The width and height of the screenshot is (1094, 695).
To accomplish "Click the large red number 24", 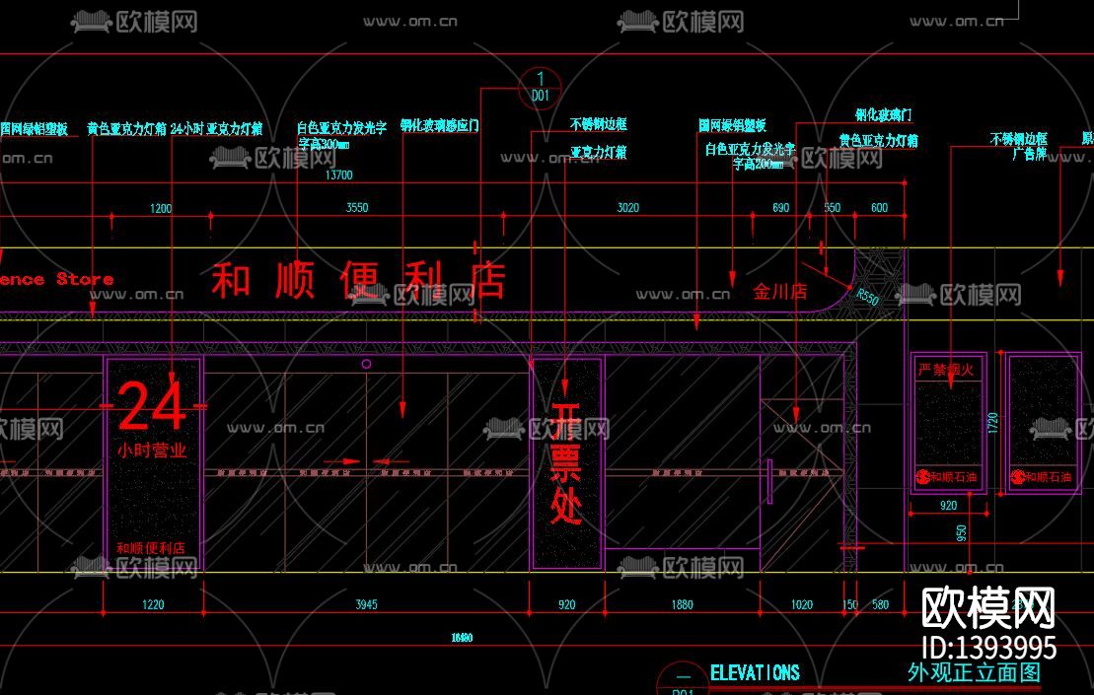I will pyautogui.click(x=152, y=407).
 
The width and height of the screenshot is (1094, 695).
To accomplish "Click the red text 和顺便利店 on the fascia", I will pyautogui.click(x=358, y=280).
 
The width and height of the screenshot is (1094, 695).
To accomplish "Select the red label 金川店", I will pyautogui.click(x=779, y=292).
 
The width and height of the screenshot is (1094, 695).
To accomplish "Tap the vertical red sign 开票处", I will pyautogui.click(x=566, y=462).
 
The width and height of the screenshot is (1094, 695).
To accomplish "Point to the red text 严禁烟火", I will pyautogui.click(x=945, y=370).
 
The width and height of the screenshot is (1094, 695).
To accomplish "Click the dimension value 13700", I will pyautogui.click(x=338, y=175).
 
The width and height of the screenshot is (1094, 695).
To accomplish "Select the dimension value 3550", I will pyautogui.click(x=356, y=208).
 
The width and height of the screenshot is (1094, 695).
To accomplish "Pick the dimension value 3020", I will pyautogui.click(x=627, y=208).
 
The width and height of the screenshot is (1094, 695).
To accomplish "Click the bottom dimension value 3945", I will pyautogui.click(x=365, y=605).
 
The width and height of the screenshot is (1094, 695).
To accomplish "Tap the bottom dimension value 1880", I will pyautogui.click(x=682, y=605).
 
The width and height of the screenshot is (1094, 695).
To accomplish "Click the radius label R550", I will pyautogui.click(x=867, y=296).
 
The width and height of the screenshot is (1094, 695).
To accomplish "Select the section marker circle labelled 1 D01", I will pyautogui.click(x=540, y=87).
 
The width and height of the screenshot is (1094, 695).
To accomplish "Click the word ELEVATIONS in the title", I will pyautogui.click(x=755, y=672).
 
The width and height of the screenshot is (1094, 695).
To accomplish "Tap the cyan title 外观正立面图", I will pyautogui.click(x=974, y=672).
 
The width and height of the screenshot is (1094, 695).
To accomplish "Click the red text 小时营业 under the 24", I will pyautogui.click(x=152, y=450).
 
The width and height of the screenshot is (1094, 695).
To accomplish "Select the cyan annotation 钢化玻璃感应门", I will pyautogui.click(x=439, y=126).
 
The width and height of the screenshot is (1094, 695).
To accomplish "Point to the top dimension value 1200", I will pyautogui.click(x=160, y=208).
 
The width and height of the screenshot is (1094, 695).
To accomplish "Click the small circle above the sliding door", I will pyautogui.click(x=366, y=364).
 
